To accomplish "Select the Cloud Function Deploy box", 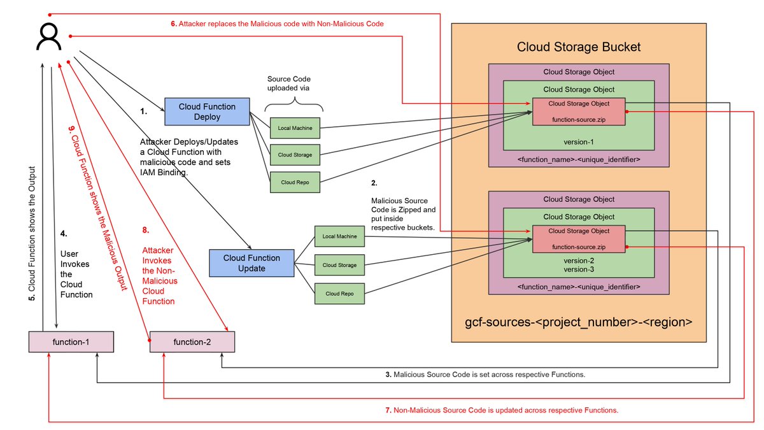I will click(x=207, y=111).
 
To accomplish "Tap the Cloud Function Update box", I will click(x=251, y=262).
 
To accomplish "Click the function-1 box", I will click(x=71, y=343).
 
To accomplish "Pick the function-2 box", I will click(x=192, y=343).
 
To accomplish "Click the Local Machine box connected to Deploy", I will click(x=295, y=128).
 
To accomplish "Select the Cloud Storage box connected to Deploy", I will click(x=295, y=155).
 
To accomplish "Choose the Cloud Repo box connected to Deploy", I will click(x=295, y=182).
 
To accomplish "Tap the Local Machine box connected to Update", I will click(x=339, y=237).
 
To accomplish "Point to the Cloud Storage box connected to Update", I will click(x=339, y=265).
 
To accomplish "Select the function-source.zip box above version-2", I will click(x=579, y=239).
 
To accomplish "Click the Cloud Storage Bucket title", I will click(x=578, y=47).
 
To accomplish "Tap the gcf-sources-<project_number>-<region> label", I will click(x=578, y=322).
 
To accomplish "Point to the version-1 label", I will click(x=579, y=141).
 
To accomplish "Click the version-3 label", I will click(x=579, y=269).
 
